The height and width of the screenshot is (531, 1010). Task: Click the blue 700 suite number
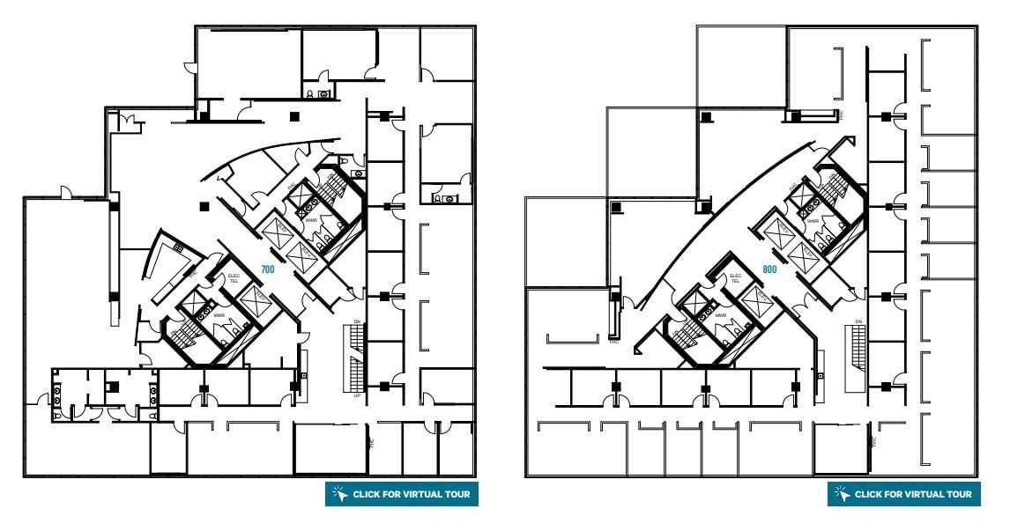click(268, 268)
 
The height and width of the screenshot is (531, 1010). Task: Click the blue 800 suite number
click(769, 269)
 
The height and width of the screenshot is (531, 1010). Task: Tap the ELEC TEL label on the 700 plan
click(234, 278)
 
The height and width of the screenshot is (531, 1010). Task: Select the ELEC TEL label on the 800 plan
click(735, 278)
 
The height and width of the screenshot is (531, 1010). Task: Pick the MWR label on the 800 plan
click(720, 314)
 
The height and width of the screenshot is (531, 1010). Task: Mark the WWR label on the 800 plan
click(813, 221)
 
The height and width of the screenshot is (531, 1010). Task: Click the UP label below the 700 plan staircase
click(356, 396)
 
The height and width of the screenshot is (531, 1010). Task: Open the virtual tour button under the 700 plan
click(401, 494)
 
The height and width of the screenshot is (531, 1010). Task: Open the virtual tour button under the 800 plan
click(903, 494)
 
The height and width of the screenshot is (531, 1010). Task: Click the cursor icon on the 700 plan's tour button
click(339, 494)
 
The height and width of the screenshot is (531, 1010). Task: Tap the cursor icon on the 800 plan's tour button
click(842, 494)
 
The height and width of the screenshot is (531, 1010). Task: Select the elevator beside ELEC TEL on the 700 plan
click(253, 299)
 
